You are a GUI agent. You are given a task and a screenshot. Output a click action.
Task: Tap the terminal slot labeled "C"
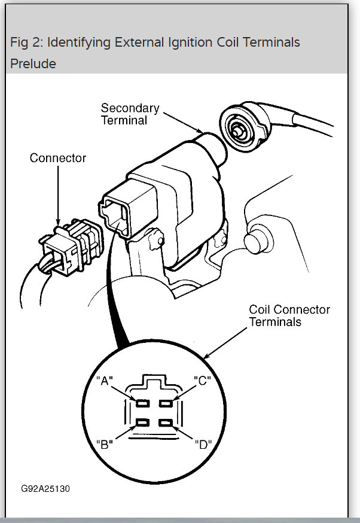tap(166, 403)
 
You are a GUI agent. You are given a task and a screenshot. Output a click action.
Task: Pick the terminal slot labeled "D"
tap(166, 424)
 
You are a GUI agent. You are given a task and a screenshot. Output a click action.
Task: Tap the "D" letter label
tap(203, 445)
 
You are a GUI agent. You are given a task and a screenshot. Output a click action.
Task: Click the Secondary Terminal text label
tap(130, 114)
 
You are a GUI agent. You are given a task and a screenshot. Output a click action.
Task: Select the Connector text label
tap(58, 159)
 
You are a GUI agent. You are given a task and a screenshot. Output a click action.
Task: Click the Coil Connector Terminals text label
tap(289, 315)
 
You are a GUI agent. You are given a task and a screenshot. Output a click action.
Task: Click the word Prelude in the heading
tap(33, 63)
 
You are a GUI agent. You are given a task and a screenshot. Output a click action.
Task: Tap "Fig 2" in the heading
tap(25, 42)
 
